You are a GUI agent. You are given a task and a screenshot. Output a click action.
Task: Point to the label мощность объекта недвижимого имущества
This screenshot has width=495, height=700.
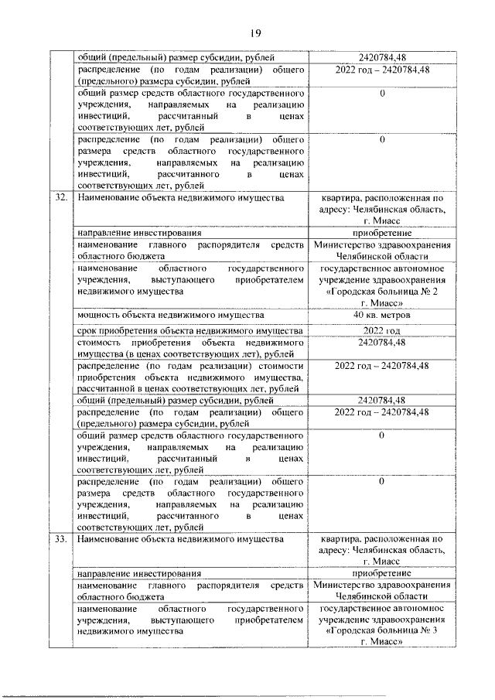click(x=170, y=315)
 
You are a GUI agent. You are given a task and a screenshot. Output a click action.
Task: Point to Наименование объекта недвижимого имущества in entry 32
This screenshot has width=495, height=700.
click(x=176, y=198)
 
